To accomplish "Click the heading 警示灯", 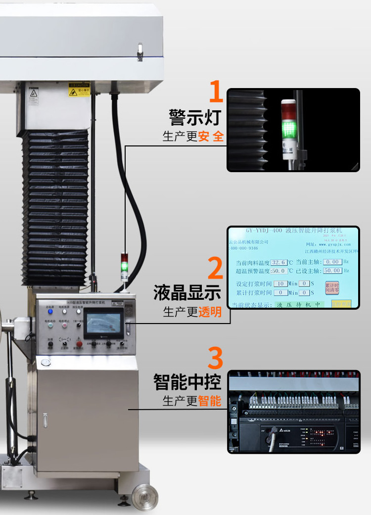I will click(x=194, y=118).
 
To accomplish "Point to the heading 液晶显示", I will click(x=187, y=292).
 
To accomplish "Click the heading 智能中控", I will click(x=187, y=382).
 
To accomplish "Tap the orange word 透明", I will click(x=210, y=313).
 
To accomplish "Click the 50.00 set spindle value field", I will click(x=332, y=271).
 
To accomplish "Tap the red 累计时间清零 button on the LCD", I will click(x=332, y=287).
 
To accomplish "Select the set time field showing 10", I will click(x=280, y=283).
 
